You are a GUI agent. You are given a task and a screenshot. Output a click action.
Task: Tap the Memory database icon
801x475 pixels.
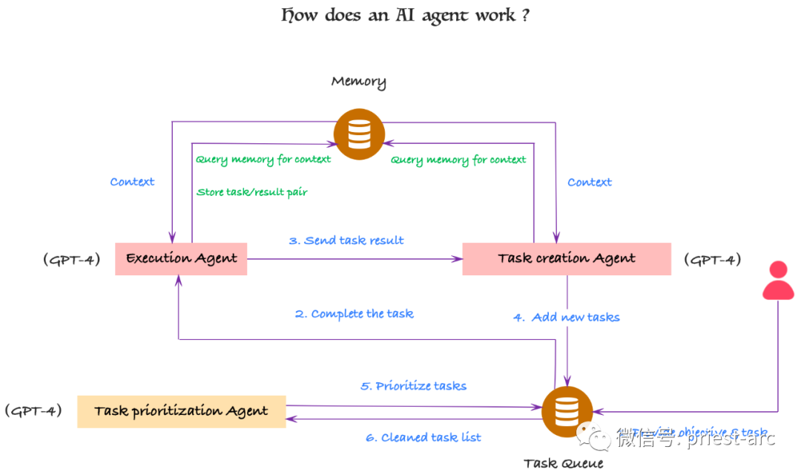[359, 134]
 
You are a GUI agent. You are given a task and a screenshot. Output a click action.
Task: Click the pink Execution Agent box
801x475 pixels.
[181, 258]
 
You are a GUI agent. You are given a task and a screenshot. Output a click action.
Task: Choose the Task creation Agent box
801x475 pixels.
[567, 258]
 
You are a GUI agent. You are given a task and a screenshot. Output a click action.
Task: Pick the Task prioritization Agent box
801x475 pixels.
[181, 411]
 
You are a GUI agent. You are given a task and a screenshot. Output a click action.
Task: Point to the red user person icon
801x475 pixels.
[778, 281]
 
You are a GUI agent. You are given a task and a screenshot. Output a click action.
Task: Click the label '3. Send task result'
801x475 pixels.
[346, 240]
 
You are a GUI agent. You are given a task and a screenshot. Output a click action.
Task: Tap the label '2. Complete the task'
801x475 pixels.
[354, 314]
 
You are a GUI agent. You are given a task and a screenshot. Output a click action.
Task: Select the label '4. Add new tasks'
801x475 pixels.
[567, 317]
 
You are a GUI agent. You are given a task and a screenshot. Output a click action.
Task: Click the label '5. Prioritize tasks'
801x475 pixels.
[413, 386]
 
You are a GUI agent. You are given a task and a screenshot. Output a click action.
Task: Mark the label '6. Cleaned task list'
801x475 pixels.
[423, 438]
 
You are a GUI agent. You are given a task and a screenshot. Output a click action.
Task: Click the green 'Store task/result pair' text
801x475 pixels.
[252, 192]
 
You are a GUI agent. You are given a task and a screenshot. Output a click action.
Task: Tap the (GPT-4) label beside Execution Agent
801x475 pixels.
[71, 260]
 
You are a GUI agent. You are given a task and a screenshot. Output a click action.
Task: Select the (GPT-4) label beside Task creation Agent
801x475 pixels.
[712, 260]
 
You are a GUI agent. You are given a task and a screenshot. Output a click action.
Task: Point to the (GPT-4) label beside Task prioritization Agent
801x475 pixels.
[33, 410]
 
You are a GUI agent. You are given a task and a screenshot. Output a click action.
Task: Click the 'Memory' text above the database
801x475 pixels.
[358, 82]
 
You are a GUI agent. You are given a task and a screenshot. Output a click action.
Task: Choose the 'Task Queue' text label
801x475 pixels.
[564, 464]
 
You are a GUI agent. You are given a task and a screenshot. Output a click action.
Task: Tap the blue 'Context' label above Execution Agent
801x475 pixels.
[132, 182]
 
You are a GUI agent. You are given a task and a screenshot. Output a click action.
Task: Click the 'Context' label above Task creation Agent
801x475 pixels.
[590, 182]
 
